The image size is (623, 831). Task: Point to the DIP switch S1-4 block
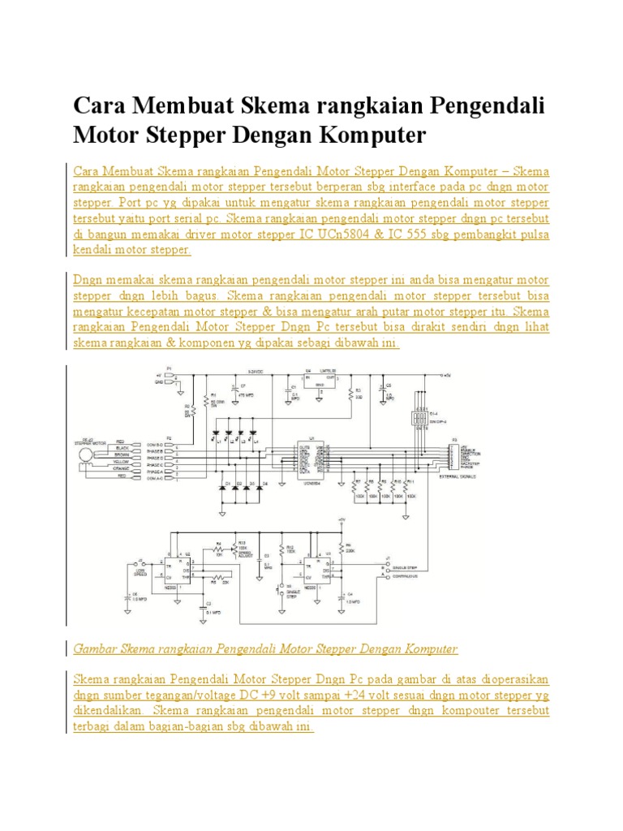pyautogui.click(x=421, y=420)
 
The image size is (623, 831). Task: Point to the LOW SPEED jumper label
pyautogui.click(x=140, y=571)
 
